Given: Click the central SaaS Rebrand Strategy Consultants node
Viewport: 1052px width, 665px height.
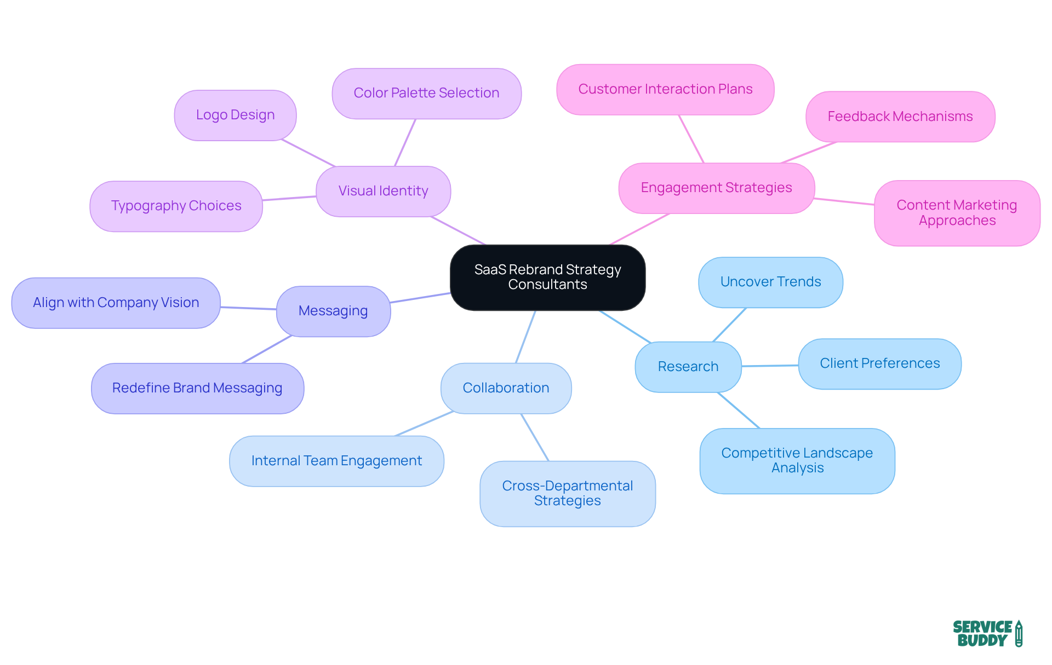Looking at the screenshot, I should (547, 277).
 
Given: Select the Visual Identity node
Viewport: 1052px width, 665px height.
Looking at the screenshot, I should (383, 191).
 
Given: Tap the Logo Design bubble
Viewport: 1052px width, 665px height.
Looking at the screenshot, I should (235, 115).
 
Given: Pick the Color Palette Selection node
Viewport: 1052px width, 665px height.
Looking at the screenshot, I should (426, 93).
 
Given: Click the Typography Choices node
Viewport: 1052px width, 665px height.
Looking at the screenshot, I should (176, 206).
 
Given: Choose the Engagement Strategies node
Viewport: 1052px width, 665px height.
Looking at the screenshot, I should (716, 188).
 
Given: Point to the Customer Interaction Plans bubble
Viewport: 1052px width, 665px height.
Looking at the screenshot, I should (665, 89).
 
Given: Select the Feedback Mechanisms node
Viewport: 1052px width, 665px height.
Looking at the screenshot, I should (900, 117).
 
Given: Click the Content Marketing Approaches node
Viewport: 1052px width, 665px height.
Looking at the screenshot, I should (957, 213).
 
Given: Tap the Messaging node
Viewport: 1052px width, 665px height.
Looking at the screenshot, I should (333, 311).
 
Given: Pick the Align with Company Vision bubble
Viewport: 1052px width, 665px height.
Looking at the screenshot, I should (116, 303).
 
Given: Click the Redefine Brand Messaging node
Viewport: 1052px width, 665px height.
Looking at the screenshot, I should (197, 388).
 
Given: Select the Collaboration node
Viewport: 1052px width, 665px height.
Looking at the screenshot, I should (506, 388).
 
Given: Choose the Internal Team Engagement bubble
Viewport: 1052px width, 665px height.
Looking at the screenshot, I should (336, 461).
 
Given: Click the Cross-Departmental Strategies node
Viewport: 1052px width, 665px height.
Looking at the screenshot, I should (567, 493).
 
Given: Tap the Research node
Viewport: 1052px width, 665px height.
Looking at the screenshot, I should (688, 367).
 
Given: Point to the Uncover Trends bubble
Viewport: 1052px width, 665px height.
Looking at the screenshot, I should (770, 282).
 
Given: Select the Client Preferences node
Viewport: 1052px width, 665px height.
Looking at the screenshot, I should (879, 363).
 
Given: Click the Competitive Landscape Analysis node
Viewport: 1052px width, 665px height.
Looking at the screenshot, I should (797, 460).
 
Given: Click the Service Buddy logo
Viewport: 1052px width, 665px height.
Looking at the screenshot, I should (987, 633).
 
